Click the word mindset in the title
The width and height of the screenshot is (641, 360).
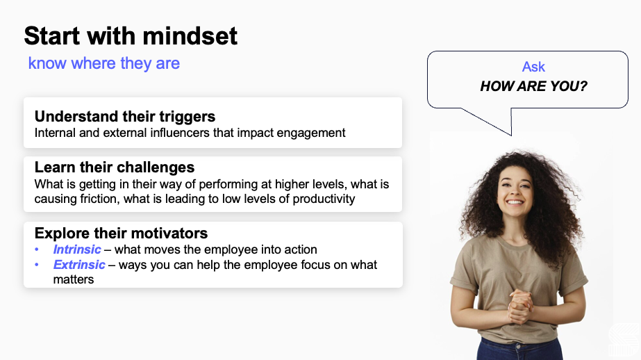[x=190, y=36]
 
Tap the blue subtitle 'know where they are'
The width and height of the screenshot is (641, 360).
[x=104, y=63]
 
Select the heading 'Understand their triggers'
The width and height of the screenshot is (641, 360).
[x=125, y=117]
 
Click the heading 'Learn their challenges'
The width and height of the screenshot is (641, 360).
[x=115, y=167]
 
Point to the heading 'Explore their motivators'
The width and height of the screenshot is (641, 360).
[x=121, y=234]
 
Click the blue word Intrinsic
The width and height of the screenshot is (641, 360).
[x=77, y=249]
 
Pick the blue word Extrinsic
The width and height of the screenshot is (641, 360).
[x=79, y=265]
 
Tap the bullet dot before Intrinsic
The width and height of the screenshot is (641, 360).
[x=37, y=249]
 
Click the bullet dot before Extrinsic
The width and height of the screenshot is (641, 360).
[x=37, y=265]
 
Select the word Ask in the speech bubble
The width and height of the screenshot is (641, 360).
[x=533, y=67]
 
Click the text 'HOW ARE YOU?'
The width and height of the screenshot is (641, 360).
[x=533, y=86]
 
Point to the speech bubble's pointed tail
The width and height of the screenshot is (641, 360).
[x=510, y=135]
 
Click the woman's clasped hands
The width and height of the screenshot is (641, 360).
[x=520, y=306]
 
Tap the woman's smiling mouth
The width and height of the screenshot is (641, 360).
[x=515, y=202]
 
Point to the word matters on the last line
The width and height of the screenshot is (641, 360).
[x=74, y=279]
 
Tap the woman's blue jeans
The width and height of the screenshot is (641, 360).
[x=519, y=349]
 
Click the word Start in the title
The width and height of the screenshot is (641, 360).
[x=52, y=36]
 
